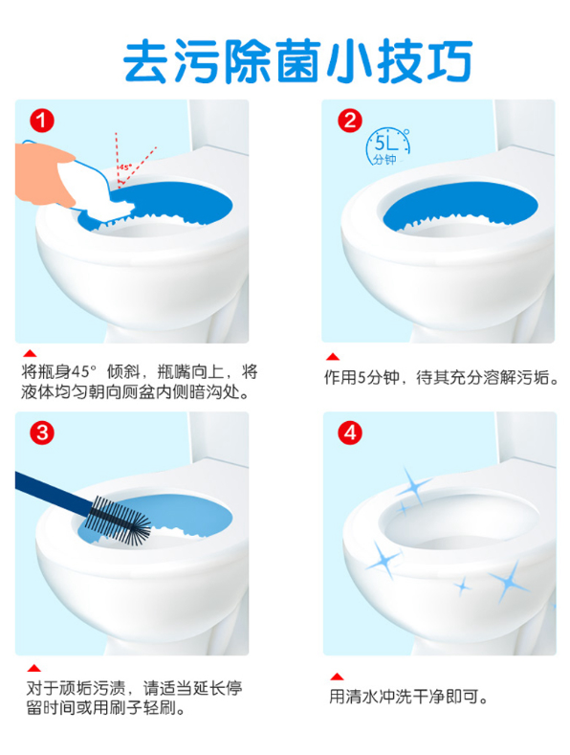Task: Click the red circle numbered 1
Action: pyautogui.click(x=42, y=121)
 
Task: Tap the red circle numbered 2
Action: pyautogui.click(x=350, y=121)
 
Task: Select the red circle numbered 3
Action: pyautogui.click(x=42, y=433)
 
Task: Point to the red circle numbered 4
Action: pyautogui.click(x=350, y=433)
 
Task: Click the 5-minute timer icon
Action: pyautogui.click(x=387, y=146)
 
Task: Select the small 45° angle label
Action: pyautogui.click(x=125, y=167)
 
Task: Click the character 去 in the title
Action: pyautogui.click(x=146, y=61)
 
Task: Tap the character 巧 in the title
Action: pyautogui.click(x=449, y=61)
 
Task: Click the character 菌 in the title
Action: pyautogui.click(x=297, y=61)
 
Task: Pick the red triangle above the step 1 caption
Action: pyautogui.click(x=30, y=354)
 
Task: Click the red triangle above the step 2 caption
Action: pyautogui.click(x=333, y=357)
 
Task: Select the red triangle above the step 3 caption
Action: pyautogui.click(x=33, y=668)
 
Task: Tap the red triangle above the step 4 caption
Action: pyautogui.click(x=337, y=677)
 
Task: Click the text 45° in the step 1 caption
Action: pyautogui.click(x=82, y=372)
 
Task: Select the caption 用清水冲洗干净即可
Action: pyautogui.click(x=408, y=697)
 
